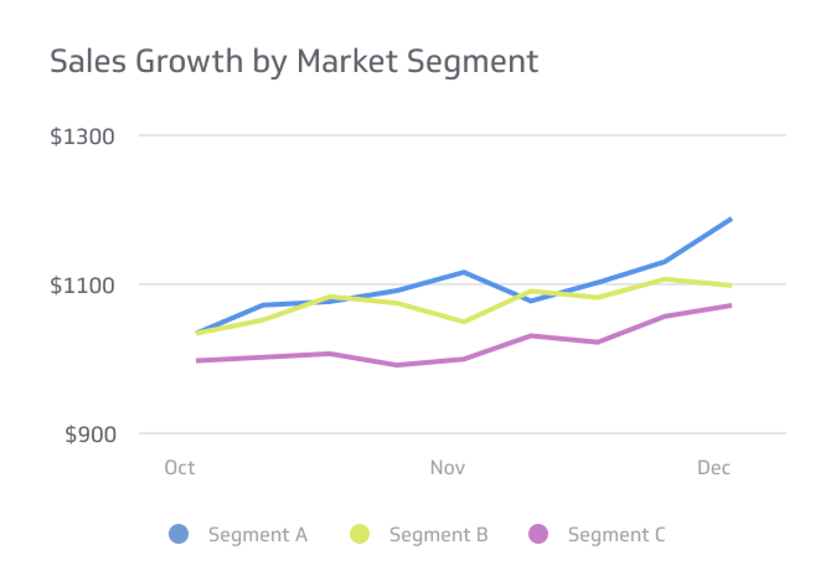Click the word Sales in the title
coord(87,61)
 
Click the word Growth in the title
coord(189,62)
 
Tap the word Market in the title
coord(347,61)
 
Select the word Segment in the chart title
coord(472,62)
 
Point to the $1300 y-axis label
coord(82,136)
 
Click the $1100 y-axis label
coord(82,285)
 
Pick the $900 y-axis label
coord(90,435)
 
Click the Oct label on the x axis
coord(179,468)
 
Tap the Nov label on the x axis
coord(447,468)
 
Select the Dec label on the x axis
coord(713,468)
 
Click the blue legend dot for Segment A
coord(179,534)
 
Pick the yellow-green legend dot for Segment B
coord(359,534)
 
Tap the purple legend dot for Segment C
coord(538,534)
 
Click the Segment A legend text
coord(258,535)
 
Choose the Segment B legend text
coord(439,535)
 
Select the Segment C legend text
coord(616,535)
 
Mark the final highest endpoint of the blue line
coord(730,219)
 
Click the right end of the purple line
coord(730,305)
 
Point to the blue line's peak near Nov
coord(464,272)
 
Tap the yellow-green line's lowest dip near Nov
coord(464,322)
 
